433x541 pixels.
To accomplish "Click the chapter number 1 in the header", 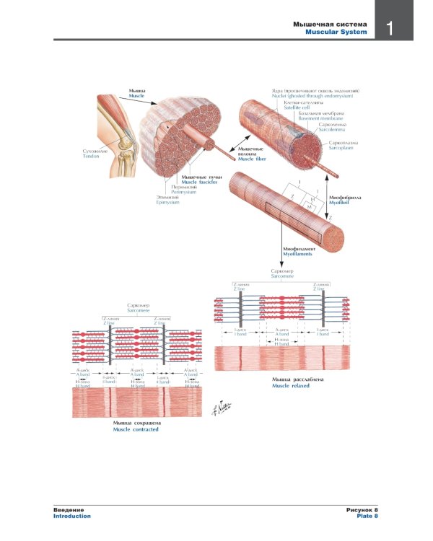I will point(388,29).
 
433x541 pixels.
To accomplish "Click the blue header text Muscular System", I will point(336,32).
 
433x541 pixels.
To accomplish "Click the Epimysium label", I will point(167,203).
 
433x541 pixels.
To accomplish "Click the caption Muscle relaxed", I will point(284,386).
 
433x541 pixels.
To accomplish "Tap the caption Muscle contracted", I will point(136,429).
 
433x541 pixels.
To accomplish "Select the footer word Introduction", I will point(72,516).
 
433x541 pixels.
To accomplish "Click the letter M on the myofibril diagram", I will point(309,207).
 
